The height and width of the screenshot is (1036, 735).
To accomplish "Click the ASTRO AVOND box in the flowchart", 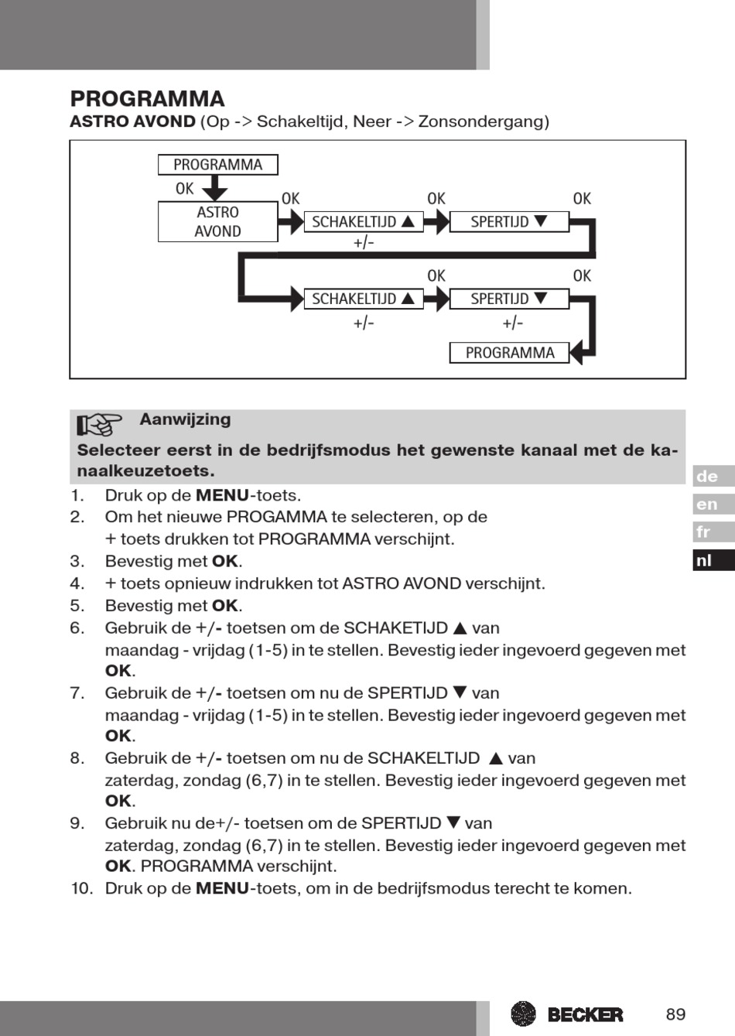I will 217,221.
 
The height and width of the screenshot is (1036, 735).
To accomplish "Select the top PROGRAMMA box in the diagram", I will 217,165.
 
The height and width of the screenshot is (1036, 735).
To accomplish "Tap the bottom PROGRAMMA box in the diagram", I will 509,353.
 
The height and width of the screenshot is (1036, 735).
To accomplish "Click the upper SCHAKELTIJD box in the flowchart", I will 363,222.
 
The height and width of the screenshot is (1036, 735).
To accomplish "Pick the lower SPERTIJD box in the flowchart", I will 508,299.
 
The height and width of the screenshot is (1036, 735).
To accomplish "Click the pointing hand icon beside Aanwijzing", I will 100,424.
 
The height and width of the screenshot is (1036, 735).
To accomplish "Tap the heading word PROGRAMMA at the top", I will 147,99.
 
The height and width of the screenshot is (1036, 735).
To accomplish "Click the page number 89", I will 675,1014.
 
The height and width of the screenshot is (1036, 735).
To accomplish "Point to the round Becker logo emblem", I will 524,1014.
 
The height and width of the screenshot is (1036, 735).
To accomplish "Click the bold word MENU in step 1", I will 222,495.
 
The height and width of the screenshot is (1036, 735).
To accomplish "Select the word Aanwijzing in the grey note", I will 185,419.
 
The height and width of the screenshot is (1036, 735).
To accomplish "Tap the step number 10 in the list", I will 81,888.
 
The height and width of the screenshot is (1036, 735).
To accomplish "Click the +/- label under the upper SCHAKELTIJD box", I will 364,243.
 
